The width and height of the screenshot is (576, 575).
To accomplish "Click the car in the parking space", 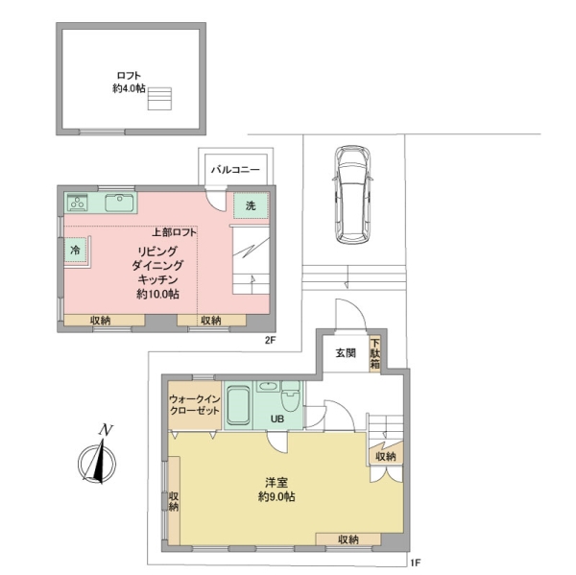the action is (352, 195).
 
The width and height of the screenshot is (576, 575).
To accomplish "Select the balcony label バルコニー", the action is (235, 170).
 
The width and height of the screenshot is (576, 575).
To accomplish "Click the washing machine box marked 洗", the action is (252, 205).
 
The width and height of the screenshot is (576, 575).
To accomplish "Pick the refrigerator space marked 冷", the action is (75, 251).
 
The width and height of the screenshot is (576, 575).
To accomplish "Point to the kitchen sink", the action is (119, 203).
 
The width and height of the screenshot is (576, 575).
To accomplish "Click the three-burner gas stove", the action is (78, 203).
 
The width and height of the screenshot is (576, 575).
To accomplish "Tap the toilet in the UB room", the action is (290, 397).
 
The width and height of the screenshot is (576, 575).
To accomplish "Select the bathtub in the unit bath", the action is (238, 406).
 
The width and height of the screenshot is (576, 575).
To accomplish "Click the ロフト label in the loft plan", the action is (129, 76).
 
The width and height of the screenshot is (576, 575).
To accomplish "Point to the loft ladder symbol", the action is (159, 99).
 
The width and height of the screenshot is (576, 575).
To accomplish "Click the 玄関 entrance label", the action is (346, 353).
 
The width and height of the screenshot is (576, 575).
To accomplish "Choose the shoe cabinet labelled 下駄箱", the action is (374, 354).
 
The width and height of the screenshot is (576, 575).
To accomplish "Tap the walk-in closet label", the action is (194, 404).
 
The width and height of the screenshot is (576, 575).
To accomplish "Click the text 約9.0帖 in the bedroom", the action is (276, 496).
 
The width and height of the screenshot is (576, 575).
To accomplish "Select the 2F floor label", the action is (270, 340).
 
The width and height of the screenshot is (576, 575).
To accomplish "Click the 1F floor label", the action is (416, 563).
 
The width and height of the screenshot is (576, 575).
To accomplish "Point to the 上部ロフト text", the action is (174, 232).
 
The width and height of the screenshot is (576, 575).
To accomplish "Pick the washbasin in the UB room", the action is (268, 386).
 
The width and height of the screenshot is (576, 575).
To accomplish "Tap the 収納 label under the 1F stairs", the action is (386, 456).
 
